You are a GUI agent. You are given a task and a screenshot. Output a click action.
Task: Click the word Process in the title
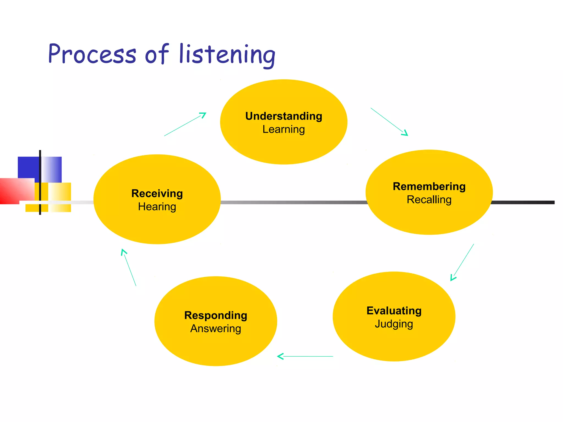coord(92,54)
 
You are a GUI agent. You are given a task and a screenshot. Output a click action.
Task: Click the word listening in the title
coord(227,55)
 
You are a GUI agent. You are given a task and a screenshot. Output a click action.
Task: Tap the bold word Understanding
coord(284,116)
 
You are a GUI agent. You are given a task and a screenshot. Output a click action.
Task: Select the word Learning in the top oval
coord(284,129)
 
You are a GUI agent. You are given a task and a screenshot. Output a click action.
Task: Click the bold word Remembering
coord(429,187)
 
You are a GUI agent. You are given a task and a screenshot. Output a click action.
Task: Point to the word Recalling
coord(429,200)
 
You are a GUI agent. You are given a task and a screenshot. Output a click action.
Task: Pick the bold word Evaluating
coord(394,311)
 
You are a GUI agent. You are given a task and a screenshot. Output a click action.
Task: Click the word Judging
coord(394,324)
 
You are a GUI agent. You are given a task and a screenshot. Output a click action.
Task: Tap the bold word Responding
coord(216,315)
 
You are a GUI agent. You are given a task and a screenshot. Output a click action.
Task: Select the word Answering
coord(216,329)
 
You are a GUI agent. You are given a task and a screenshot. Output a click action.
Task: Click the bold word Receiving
coord(157,193)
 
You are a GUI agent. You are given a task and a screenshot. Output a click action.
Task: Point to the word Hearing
coord(157,207)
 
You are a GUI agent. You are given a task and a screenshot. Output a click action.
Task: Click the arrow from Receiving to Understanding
coord(185,124)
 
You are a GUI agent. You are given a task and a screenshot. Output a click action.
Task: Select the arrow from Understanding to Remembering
coord(389,122)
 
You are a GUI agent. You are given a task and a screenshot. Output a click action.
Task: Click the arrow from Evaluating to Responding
coord(305,356)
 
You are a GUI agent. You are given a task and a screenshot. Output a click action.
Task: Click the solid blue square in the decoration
coord(28,168)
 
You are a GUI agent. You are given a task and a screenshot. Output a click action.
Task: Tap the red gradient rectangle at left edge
coord(15,191)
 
